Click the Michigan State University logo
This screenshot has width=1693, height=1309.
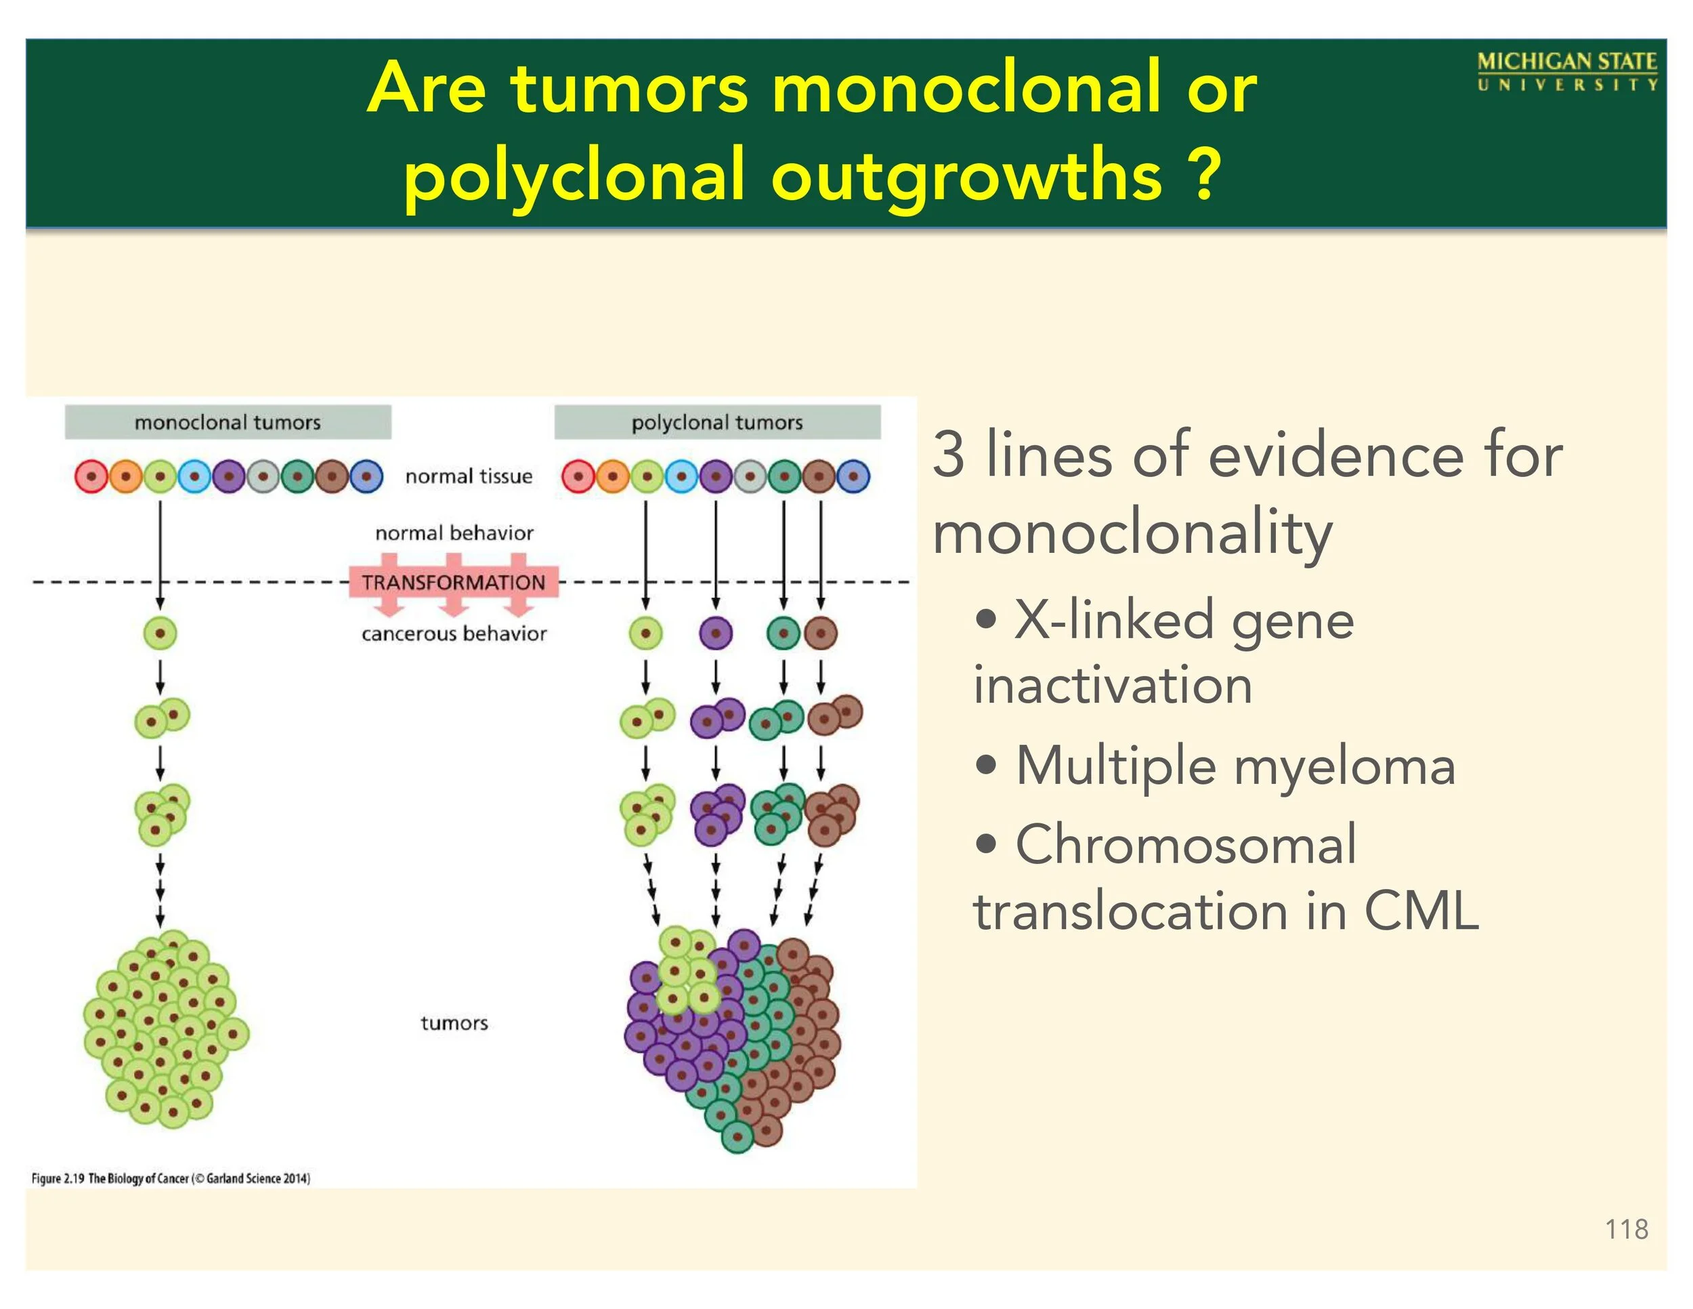point(1566,71)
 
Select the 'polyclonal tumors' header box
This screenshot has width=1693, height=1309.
point(717,422)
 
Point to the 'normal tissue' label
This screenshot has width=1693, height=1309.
point(469,476)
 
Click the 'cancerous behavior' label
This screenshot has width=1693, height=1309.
point(454,633)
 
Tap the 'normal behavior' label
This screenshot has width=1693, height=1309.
point(454,533)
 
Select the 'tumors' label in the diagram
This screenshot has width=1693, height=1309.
point(454,1023)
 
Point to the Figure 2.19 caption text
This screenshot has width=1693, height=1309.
point(171,1178)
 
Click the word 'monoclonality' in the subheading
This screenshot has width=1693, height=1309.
point(1132,535)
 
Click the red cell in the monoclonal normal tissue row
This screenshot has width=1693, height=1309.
point(91,476)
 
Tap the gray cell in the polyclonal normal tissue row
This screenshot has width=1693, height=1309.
point(750,476)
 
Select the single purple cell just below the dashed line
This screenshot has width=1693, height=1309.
point(716,633)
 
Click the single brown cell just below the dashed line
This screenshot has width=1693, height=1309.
point(820,633)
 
